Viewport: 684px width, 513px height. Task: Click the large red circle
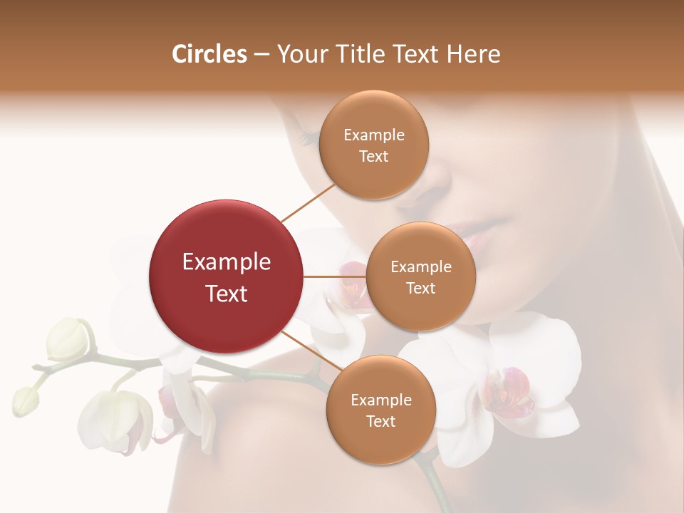pyautogui.click(x=226, y=276)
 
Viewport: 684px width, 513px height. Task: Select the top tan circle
pyautogui.click(x=373, y=145)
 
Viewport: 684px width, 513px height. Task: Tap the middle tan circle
pyautogui.click(x=420, y=276)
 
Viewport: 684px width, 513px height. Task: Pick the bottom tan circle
pyautogui.click(x=380, y=410)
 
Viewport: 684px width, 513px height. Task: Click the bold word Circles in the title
pyautogui.click(x=209, y=54)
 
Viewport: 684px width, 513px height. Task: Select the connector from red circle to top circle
pyautogui.click(x=309, y=202)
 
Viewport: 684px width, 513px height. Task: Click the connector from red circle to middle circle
pyautogui.click(x=334, y=276)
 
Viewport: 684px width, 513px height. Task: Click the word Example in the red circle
pyautogui.click(x=226, y=262)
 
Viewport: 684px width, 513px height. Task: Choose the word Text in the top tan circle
pyautogui.click(x=373, y=157)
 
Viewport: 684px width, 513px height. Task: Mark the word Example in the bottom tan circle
pyautogui.click(x=380, y=400)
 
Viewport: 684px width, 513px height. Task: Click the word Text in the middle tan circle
pyautogui.click(x=420, y=288)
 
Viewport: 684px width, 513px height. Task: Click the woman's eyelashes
pyautogui.click(x=307, y=135)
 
